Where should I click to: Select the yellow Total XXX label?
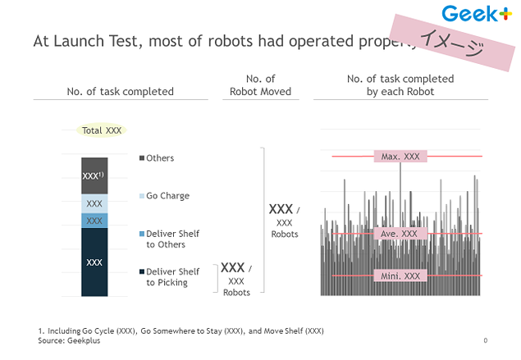[x=102, y=130]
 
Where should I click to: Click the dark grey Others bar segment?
[x=94, y=175]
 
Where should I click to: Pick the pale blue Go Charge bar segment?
[x=94, y=203]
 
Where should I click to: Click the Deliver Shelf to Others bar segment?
[x=94, y=221]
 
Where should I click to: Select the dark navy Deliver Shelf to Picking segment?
[x=94, y=262]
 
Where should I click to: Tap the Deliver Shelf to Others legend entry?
[x=171, y=239]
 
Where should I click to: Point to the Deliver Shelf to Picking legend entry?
[x=171, y=277]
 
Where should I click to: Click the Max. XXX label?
[x=400, y=156]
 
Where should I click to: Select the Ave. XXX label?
[x=400, y=234]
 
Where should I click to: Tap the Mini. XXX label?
[x=400, y=276]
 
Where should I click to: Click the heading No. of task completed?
[x=120, y=92]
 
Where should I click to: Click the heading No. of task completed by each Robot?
[x=401, y=85]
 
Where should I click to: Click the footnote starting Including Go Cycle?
[x=181, y=330]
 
